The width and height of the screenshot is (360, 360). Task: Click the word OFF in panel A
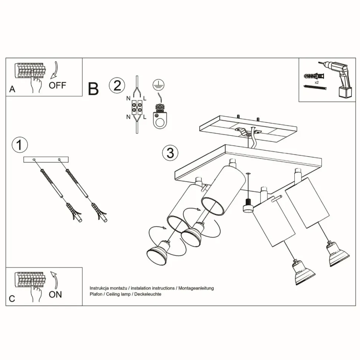pos(58,85)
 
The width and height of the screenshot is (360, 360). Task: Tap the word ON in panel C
pos(55,295)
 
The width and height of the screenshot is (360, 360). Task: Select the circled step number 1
pos(20,145)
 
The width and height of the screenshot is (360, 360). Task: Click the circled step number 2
pos(117,85)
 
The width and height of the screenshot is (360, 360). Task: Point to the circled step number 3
pos(170,153)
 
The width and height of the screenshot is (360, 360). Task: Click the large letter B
pos(93,89)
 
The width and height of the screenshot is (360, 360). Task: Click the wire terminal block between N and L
pos(137,108)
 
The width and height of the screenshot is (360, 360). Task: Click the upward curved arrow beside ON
pos(54,279)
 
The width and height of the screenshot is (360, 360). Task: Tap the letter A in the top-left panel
pos(12,90)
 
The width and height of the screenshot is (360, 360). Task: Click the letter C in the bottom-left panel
pos(12,299)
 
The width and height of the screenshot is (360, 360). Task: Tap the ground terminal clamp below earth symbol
pos(160,117)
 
